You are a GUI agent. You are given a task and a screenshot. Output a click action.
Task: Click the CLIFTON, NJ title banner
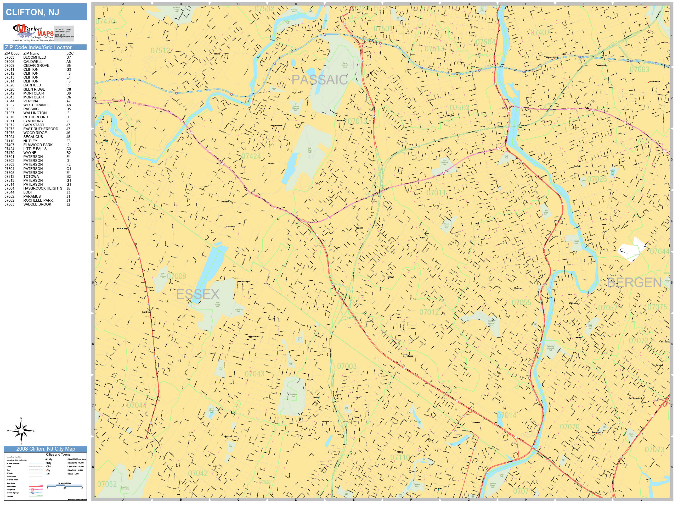45,12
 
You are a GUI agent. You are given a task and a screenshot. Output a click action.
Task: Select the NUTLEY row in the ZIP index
30,141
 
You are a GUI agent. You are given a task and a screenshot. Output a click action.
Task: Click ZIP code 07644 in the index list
9,192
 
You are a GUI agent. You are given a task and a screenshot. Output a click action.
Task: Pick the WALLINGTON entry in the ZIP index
35,113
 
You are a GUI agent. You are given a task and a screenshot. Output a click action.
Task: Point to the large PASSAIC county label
319,80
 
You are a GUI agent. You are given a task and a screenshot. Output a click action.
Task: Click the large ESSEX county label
198,294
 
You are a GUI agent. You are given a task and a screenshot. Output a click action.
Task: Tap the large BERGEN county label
634,283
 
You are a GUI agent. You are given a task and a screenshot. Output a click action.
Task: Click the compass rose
21,431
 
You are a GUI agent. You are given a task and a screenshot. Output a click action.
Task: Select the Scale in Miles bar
65,486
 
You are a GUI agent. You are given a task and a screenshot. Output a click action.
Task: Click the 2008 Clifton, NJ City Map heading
45,449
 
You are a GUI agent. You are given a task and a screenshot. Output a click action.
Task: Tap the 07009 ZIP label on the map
177,276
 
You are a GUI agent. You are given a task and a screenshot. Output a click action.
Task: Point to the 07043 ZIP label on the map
255,374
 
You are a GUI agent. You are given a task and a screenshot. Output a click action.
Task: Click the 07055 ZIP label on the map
521,302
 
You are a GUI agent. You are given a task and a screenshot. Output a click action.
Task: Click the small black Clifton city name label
390,277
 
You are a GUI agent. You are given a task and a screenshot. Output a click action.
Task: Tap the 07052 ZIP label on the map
107,484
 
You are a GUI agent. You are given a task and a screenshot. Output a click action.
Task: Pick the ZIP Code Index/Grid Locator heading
38,47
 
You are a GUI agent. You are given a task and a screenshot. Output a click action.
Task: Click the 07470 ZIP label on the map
105,21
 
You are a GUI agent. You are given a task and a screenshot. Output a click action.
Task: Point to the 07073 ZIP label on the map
654,450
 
